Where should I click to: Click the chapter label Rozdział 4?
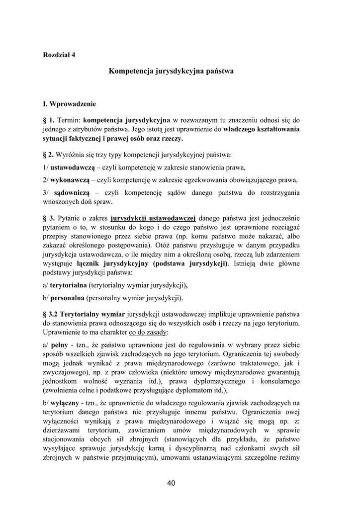[59, 55]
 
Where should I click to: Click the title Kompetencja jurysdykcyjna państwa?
[171, 71]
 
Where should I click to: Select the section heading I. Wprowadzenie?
[69, 104]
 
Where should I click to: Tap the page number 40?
[172, 483]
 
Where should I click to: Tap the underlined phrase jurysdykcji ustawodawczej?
[153, 218]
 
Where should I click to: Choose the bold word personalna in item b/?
[67, 298]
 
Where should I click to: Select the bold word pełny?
[59, 344]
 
